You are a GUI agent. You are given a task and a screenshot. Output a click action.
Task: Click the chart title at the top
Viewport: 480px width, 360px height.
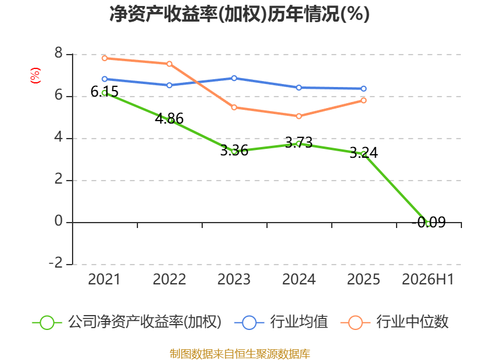coord(239,14)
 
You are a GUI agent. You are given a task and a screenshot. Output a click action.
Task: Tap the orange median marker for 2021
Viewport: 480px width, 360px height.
coord(104,58)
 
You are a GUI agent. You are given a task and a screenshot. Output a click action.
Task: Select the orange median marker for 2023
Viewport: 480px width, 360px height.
coord(234,107)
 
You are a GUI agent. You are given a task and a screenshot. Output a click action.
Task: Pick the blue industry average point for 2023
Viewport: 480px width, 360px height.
coord(234,79)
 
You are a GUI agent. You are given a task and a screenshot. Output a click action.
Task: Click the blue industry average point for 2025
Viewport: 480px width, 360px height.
coord(364,89)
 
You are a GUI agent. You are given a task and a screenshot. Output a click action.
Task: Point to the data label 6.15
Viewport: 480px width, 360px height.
coord(104,92)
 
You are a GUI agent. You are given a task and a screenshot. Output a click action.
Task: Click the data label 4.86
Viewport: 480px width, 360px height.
coord(169,118)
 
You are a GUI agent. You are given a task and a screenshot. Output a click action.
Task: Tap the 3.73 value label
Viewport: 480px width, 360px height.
coord(299,142)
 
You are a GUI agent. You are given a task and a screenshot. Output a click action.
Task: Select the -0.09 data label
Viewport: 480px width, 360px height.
coord(428,222)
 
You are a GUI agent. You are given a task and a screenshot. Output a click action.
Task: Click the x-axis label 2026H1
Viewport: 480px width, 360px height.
coord(428,279)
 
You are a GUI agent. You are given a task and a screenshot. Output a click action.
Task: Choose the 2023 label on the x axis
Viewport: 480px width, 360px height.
coord(234,279)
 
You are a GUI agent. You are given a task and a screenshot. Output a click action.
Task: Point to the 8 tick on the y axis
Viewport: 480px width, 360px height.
coord(58,53)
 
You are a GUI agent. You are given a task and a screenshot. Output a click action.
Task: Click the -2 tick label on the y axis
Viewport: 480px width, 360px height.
coord(56,263)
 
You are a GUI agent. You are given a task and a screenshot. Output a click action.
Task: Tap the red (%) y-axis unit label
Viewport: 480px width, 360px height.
coord(35,76)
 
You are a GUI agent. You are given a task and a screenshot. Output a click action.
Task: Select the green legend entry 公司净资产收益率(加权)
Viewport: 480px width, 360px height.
coord(127,322)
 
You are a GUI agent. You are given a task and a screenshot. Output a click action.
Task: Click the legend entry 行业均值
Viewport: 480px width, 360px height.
coord(281,322)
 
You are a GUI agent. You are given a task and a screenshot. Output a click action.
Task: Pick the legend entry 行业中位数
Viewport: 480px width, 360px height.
coord(395,322)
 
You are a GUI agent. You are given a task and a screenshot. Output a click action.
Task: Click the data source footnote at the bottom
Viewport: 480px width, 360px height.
coord(240,354)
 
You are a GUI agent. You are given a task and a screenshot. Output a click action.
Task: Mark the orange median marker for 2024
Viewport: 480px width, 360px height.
coord(299,116)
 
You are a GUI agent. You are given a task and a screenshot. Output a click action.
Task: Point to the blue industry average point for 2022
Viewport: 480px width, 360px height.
coord(169,85)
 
